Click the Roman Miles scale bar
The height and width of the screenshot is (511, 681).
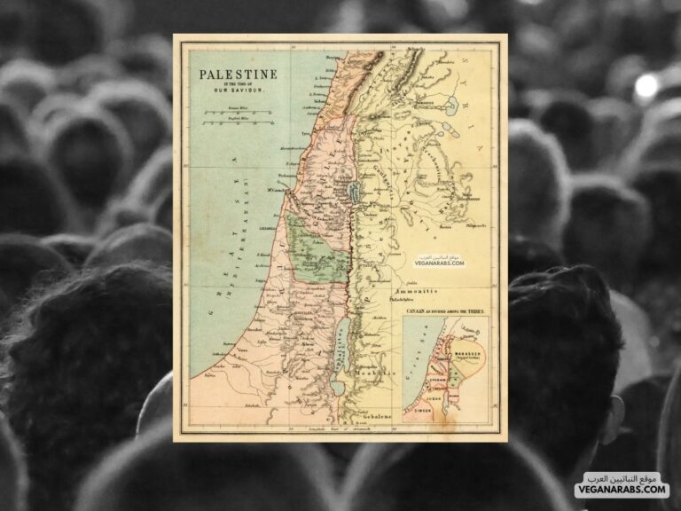[x=225, y=114]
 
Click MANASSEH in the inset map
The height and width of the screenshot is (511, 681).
[x=465, y=350]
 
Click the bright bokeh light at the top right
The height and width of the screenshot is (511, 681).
[x=646, y=85]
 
